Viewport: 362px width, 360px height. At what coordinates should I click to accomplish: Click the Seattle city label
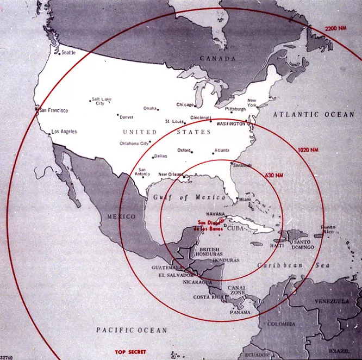click(x=68, y=53)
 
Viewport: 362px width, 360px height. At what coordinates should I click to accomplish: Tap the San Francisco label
click(x=54, y=110)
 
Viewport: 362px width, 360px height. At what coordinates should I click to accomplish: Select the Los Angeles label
click(x=64, y=132)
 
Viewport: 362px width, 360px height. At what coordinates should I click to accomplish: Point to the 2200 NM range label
click(x=335, y=28)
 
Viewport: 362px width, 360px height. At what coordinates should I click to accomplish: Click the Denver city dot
click(x=117, y=115)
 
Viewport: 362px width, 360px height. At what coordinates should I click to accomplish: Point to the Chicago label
click(x=185, y=104)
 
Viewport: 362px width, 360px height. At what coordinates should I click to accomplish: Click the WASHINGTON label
click(x=231, y=124)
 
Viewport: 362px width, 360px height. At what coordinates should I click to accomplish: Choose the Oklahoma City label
click(x=134, y=144)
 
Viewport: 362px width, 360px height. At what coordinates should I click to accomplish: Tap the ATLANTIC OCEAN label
click(x=314, y=114)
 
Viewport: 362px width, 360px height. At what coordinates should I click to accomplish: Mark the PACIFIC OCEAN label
click(x=132, y=330)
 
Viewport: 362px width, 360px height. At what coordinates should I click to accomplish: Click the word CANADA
click(x=217, y=58)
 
